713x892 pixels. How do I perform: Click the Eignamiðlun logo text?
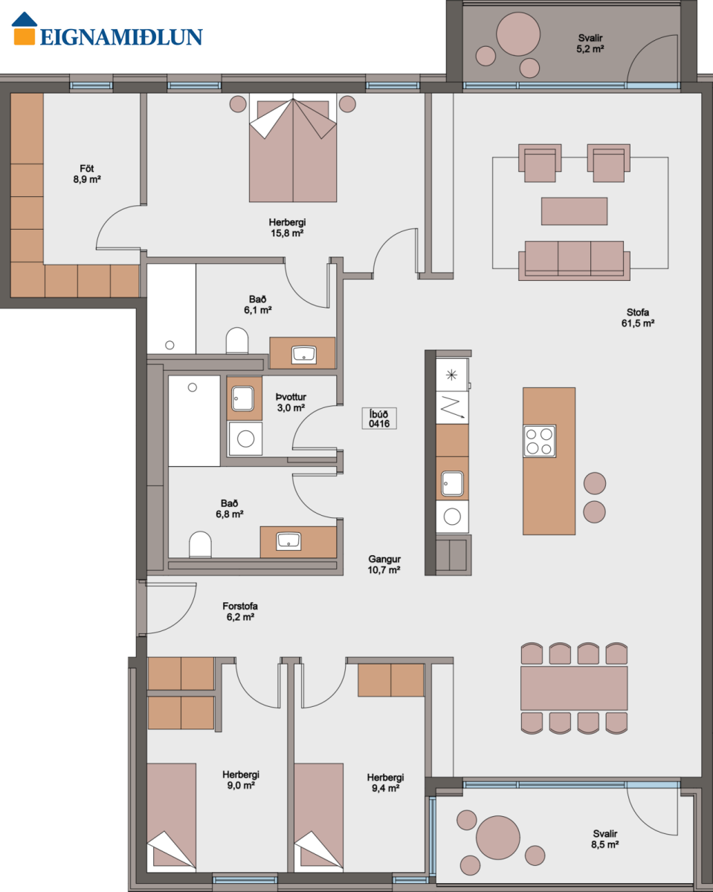click(x=121, y=37)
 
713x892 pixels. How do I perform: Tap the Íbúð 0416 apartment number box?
click(x=379, y=418)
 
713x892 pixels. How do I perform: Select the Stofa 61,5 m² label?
click(x=638, y=318)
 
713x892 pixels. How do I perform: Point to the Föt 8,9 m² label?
click(x=87, y=174)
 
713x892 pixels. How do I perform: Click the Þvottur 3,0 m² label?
click(x=291, y=402)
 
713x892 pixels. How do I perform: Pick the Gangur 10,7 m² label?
click(x=384, y=564)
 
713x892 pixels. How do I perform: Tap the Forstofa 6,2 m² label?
click(x=240, y=611)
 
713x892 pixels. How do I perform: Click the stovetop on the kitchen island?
click(x=539, y=441)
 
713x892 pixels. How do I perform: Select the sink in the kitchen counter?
click(x=452, y=483)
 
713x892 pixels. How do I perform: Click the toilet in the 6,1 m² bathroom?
click(x=237, y=340)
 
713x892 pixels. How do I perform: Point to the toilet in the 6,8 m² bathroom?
click(x=200, y=544)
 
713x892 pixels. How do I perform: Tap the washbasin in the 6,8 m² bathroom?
click(x=288, y=541)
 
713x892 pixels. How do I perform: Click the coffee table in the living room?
click(x=574, y=211)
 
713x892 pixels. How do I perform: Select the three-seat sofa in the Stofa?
click(x=574, y=261)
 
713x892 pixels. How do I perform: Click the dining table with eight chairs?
click(x=574, y=688)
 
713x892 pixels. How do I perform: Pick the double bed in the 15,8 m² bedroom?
click(x=293, y=148)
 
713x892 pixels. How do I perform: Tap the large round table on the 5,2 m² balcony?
click(x=518, y=34)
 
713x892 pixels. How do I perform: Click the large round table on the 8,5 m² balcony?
click(x=498, y=838)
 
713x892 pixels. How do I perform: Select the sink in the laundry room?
click(x=242, y=398)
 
